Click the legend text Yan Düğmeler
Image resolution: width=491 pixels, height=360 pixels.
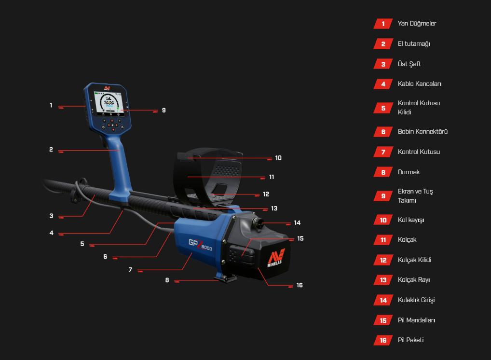tap(417, 23)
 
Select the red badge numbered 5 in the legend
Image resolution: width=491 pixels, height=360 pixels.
tap(383, 108)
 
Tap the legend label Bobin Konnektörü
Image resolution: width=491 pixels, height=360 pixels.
tap(423, 131)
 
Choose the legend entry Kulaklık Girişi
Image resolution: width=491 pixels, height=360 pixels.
tap(416, 300)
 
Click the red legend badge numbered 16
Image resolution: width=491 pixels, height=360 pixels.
tap(383, 340)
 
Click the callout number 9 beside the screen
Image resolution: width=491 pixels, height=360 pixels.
tap(164, 110)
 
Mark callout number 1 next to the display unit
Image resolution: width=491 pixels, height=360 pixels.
tap(51, 105)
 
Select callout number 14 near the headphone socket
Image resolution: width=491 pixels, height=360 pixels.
tap(297, 223)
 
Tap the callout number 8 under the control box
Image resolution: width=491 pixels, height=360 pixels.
tap(167, 280)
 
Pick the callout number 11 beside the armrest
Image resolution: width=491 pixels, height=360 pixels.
tap(272, 177)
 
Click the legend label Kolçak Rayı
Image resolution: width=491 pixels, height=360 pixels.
tap(413, 280)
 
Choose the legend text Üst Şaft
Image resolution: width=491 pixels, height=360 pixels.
tap(409, 64)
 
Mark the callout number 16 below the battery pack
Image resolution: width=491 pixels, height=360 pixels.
tap(300, 285)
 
